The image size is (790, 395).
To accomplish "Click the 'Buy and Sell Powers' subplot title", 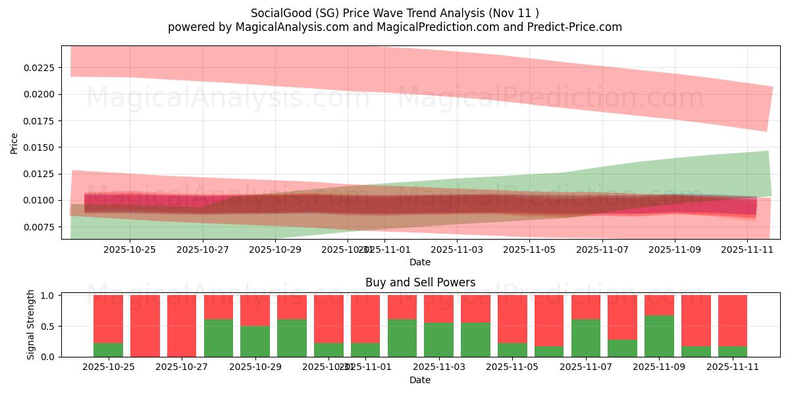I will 420,282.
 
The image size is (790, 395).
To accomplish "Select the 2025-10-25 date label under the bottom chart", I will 109,367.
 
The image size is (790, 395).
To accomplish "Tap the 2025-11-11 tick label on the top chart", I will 747,250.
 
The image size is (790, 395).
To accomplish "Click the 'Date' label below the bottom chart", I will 420,380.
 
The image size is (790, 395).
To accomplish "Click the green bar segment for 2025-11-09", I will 659,336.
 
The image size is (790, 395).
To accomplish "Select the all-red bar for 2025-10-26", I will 145,326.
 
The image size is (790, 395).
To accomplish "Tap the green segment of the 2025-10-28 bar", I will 219,338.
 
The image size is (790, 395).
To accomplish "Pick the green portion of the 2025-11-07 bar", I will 586,338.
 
